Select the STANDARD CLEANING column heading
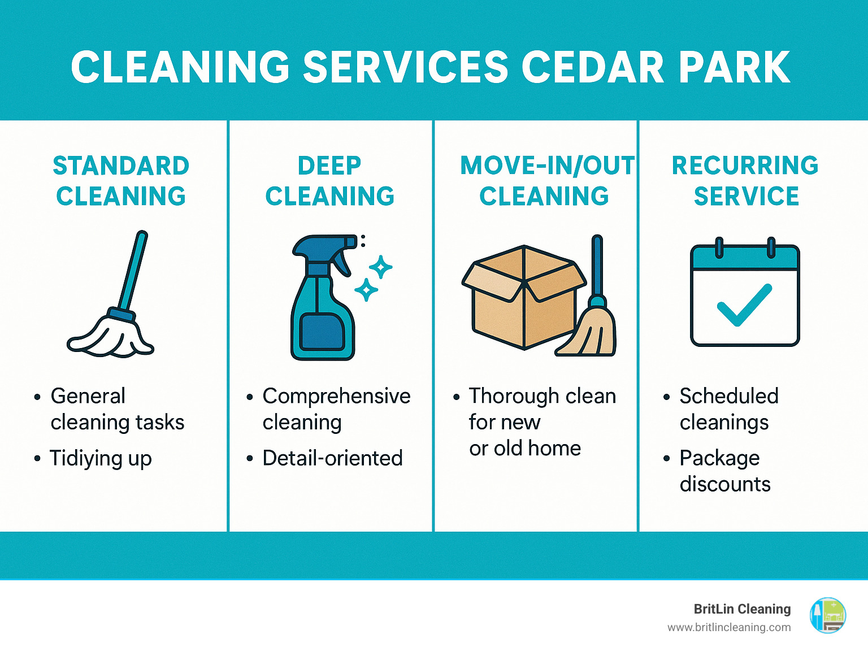click(x=121, y=181)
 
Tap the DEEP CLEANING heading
click(x=329, y=181)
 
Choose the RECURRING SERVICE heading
click(x=745, y=181)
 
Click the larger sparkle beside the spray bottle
click(x=381, y=267)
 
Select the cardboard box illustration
click(x=523, y=297)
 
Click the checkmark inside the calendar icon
click(x=744, y=305)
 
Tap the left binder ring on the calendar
click(x=719, y=247)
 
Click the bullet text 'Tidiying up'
click(x=101, y=458)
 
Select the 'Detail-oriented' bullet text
click(x=332, y=458)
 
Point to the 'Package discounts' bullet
click(x=724, y=471)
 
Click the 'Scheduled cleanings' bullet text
click(x=728, y=409)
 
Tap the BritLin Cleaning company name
click(x=742, y=609)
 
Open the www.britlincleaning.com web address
click(x=729, y=627)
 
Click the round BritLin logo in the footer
click(x=828, y=615)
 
